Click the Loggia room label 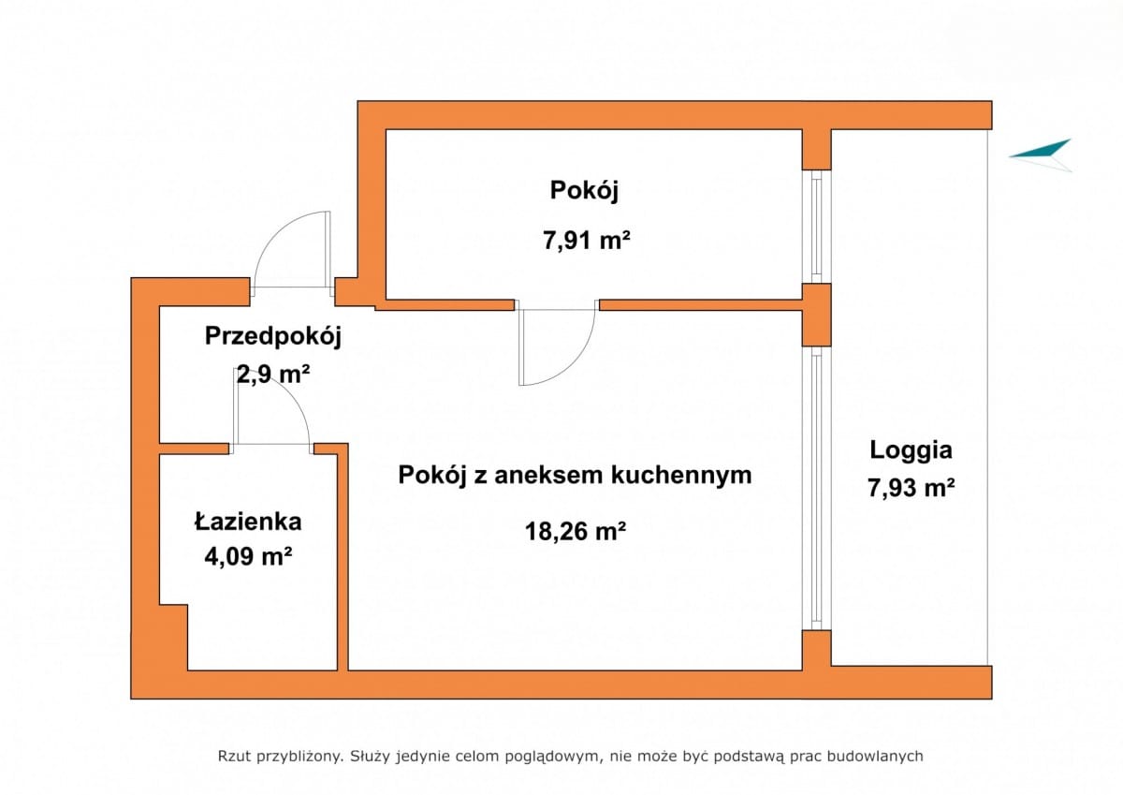(911, 449)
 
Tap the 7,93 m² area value (911, 488)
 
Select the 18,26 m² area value (575, 532)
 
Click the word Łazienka (248, 521)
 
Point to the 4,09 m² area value (248, 557)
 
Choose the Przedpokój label (273, 335)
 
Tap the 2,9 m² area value (273, 375)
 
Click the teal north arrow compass (1043, 154)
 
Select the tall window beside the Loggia (817, 487)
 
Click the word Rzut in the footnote (234, 756)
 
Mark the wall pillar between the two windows (817, 314)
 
